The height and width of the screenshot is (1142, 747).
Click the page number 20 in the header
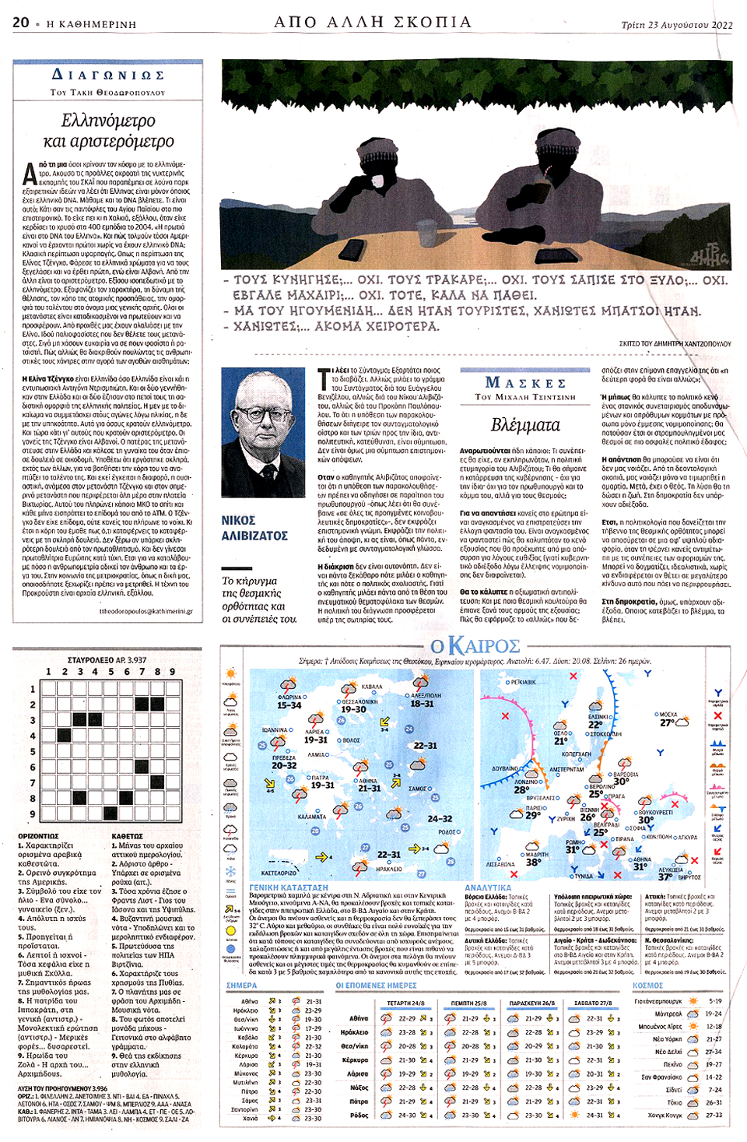(x=21, y=23)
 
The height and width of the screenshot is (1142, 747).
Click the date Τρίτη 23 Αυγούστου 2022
(x=676, y=25)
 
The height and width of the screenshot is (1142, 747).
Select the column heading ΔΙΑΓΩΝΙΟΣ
(x=107, y=75)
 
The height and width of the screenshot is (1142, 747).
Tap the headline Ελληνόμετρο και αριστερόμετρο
(x=108, y=131)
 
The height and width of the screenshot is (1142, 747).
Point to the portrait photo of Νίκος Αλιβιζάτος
(x=263, y=432)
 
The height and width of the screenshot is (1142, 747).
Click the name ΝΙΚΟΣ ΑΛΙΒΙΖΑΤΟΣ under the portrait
(x=254, y=528)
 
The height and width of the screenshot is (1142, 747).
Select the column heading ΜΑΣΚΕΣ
(x=525, y=382)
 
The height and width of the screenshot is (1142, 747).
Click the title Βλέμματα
(x=525, y=425)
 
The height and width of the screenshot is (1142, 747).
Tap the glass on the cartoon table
(x=426, y=232)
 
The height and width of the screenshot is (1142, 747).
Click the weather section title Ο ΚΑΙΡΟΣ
(x=475, y=646)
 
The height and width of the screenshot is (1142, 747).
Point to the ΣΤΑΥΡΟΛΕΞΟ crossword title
(x=107, y=660)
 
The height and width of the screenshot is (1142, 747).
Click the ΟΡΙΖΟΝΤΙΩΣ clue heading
(x=38, y=836)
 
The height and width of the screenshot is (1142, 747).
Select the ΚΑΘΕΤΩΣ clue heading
(x=128, y=836)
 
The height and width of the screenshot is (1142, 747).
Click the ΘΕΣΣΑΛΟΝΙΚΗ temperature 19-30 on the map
(x=353, y=709)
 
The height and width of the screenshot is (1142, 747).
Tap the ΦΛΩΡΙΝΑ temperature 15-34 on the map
(x=289, y=705)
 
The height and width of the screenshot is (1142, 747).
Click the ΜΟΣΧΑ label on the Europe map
(x=668, y=714)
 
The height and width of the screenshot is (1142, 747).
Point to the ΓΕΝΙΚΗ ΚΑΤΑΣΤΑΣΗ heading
(x=289, y=887)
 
